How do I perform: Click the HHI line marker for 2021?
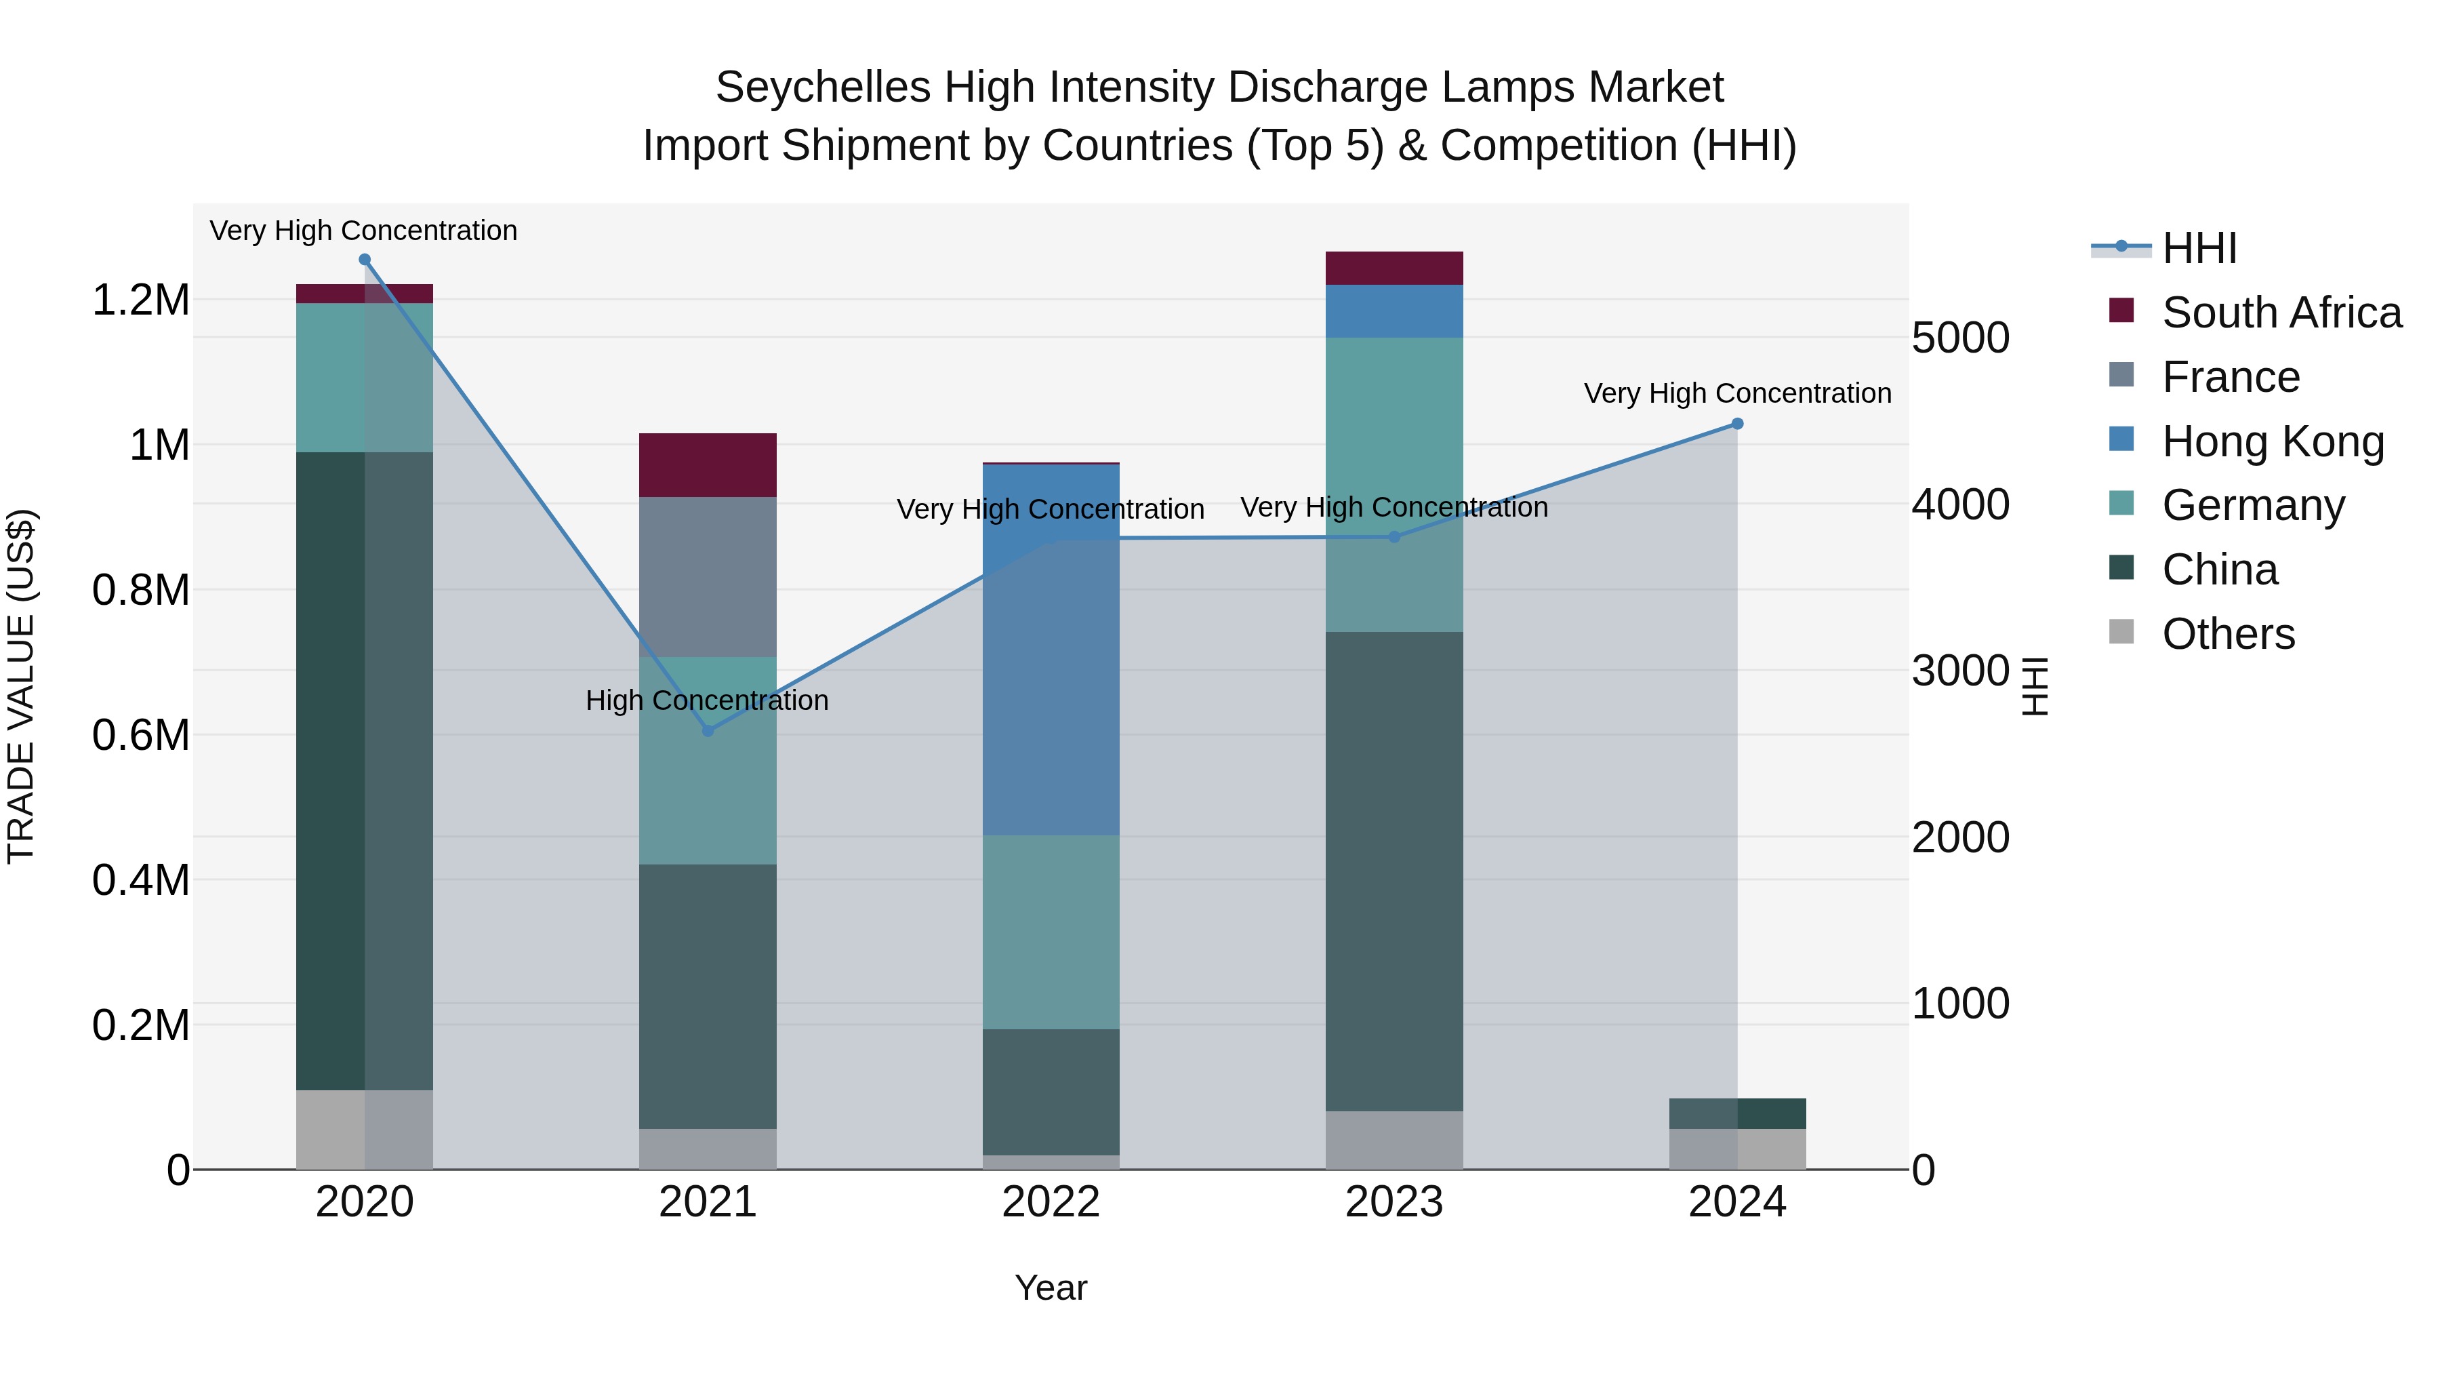pyautogui.click(x=708, y=730)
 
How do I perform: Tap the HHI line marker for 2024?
pyautogui.click(x=1737, y=424)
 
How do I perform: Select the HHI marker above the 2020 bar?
pyautogui.click(x=365, y=260)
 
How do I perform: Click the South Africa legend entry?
pyautogui.click(x=2281, y=313)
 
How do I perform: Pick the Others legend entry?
pyautogui.click(x=2228, y=634)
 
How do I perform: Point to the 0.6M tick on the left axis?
pyautogui.click(x=140, y=735)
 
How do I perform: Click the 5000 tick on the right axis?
pyautogui.click(x=1959, y=338)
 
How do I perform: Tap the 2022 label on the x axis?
pyautogui.click(x=1051, y=1202)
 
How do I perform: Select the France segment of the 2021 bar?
pyautogui.click(x=708, y=576)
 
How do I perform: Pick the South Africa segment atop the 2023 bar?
pyautogui.click(x=1394, y=268)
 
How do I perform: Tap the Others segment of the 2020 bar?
pyautogui.click(x=365, y=1130)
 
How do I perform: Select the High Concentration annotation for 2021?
pyautogui.click(x=707, y=700)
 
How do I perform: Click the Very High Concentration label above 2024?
pyautogui.click(x=1737, y=393)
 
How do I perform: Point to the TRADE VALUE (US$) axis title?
pyautogui.click(x=21, y=686)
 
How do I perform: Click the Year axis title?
pyautogui.click(x=1051, y=1288)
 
